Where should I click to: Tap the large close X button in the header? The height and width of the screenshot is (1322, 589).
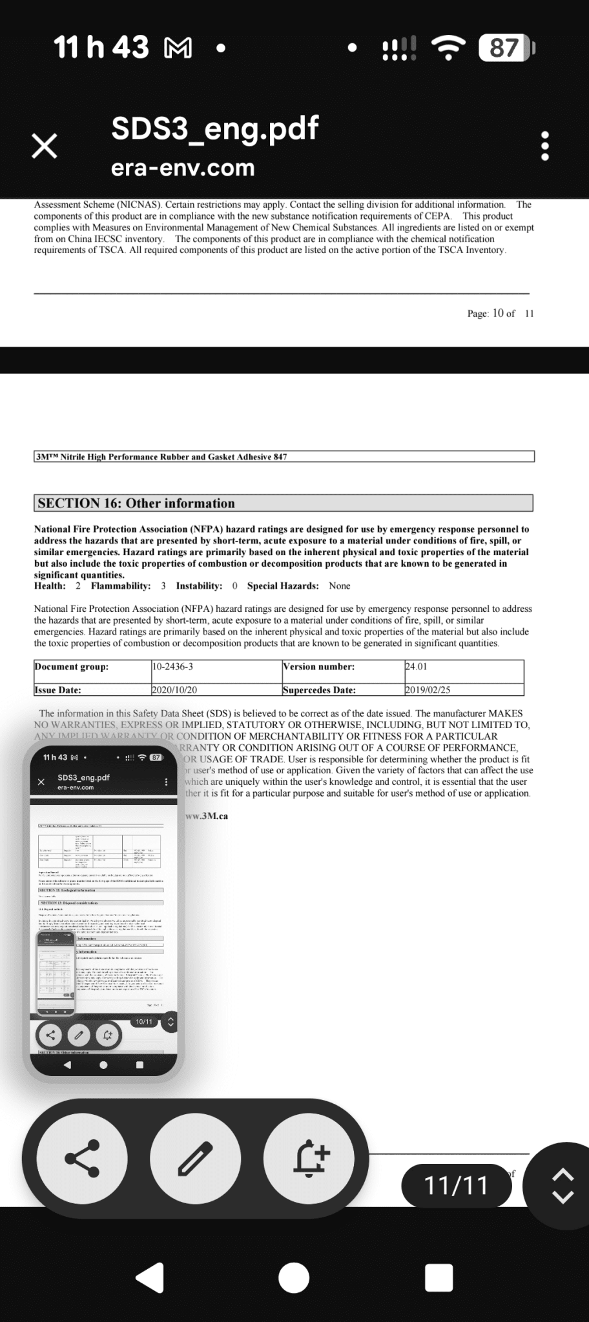(x=45, y=147)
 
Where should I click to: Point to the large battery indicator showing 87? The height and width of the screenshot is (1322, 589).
(x=506, y=48)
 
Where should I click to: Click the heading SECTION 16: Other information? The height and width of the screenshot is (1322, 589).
(x=136, y=503)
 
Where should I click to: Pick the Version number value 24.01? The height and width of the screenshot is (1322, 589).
(x=416, y=667)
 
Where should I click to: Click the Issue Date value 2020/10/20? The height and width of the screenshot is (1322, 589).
(x=174, y=690)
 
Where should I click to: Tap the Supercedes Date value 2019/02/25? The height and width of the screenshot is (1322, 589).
(x=428, y=690)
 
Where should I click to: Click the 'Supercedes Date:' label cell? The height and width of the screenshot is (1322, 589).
(x=320, y=690)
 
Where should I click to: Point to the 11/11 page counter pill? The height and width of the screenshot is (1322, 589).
(x=456, y=1186)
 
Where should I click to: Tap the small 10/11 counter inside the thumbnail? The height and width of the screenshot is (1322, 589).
(x=143, y=1022)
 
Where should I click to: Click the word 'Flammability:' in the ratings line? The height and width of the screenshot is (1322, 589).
(x=121, y=586)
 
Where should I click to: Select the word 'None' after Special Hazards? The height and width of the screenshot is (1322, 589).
(x=340, y=586)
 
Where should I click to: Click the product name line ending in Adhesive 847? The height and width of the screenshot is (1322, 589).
(x=161, y=457)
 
